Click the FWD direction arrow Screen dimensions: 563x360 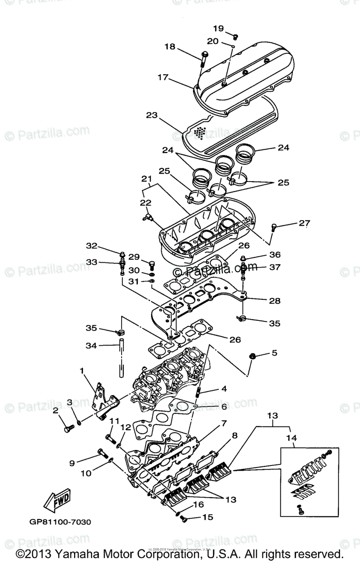57,502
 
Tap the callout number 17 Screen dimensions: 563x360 162,77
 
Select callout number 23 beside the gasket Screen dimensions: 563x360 151,114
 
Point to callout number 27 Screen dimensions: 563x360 305,224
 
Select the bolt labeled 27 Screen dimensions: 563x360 275,228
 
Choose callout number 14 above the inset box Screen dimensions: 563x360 292,438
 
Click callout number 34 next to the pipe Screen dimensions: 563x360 91,346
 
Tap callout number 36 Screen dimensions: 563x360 275,255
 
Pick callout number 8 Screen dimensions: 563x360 235,435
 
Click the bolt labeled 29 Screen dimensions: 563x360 151,263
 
